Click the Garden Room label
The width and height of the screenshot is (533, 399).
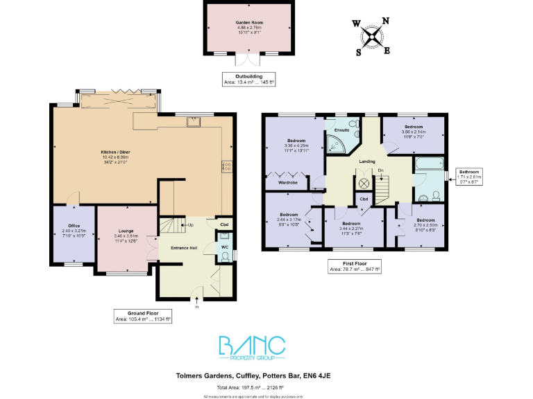[248, 23]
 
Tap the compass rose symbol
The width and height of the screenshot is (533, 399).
[373, 37]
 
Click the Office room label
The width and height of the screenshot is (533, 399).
[71, 226]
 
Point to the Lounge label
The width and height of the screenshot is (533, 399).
[126, 231]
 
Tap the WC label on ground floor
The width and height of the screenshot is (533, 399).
[224, 247]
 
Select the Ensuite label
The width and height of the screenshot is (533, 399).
[341, 130]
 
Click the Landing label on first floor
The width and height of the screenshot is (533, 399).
[366, 161]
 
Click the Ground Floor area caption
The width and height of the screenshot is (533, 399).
[142, 316]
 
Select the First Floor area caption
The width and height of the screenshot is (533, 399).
[354, 267]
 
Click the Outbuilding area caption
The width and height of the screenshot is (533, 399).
[248, 79]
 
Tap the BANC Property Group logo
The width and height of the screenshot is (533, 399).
[252, 347]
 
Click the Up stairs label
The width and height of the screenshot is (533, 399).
[191, 225]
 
